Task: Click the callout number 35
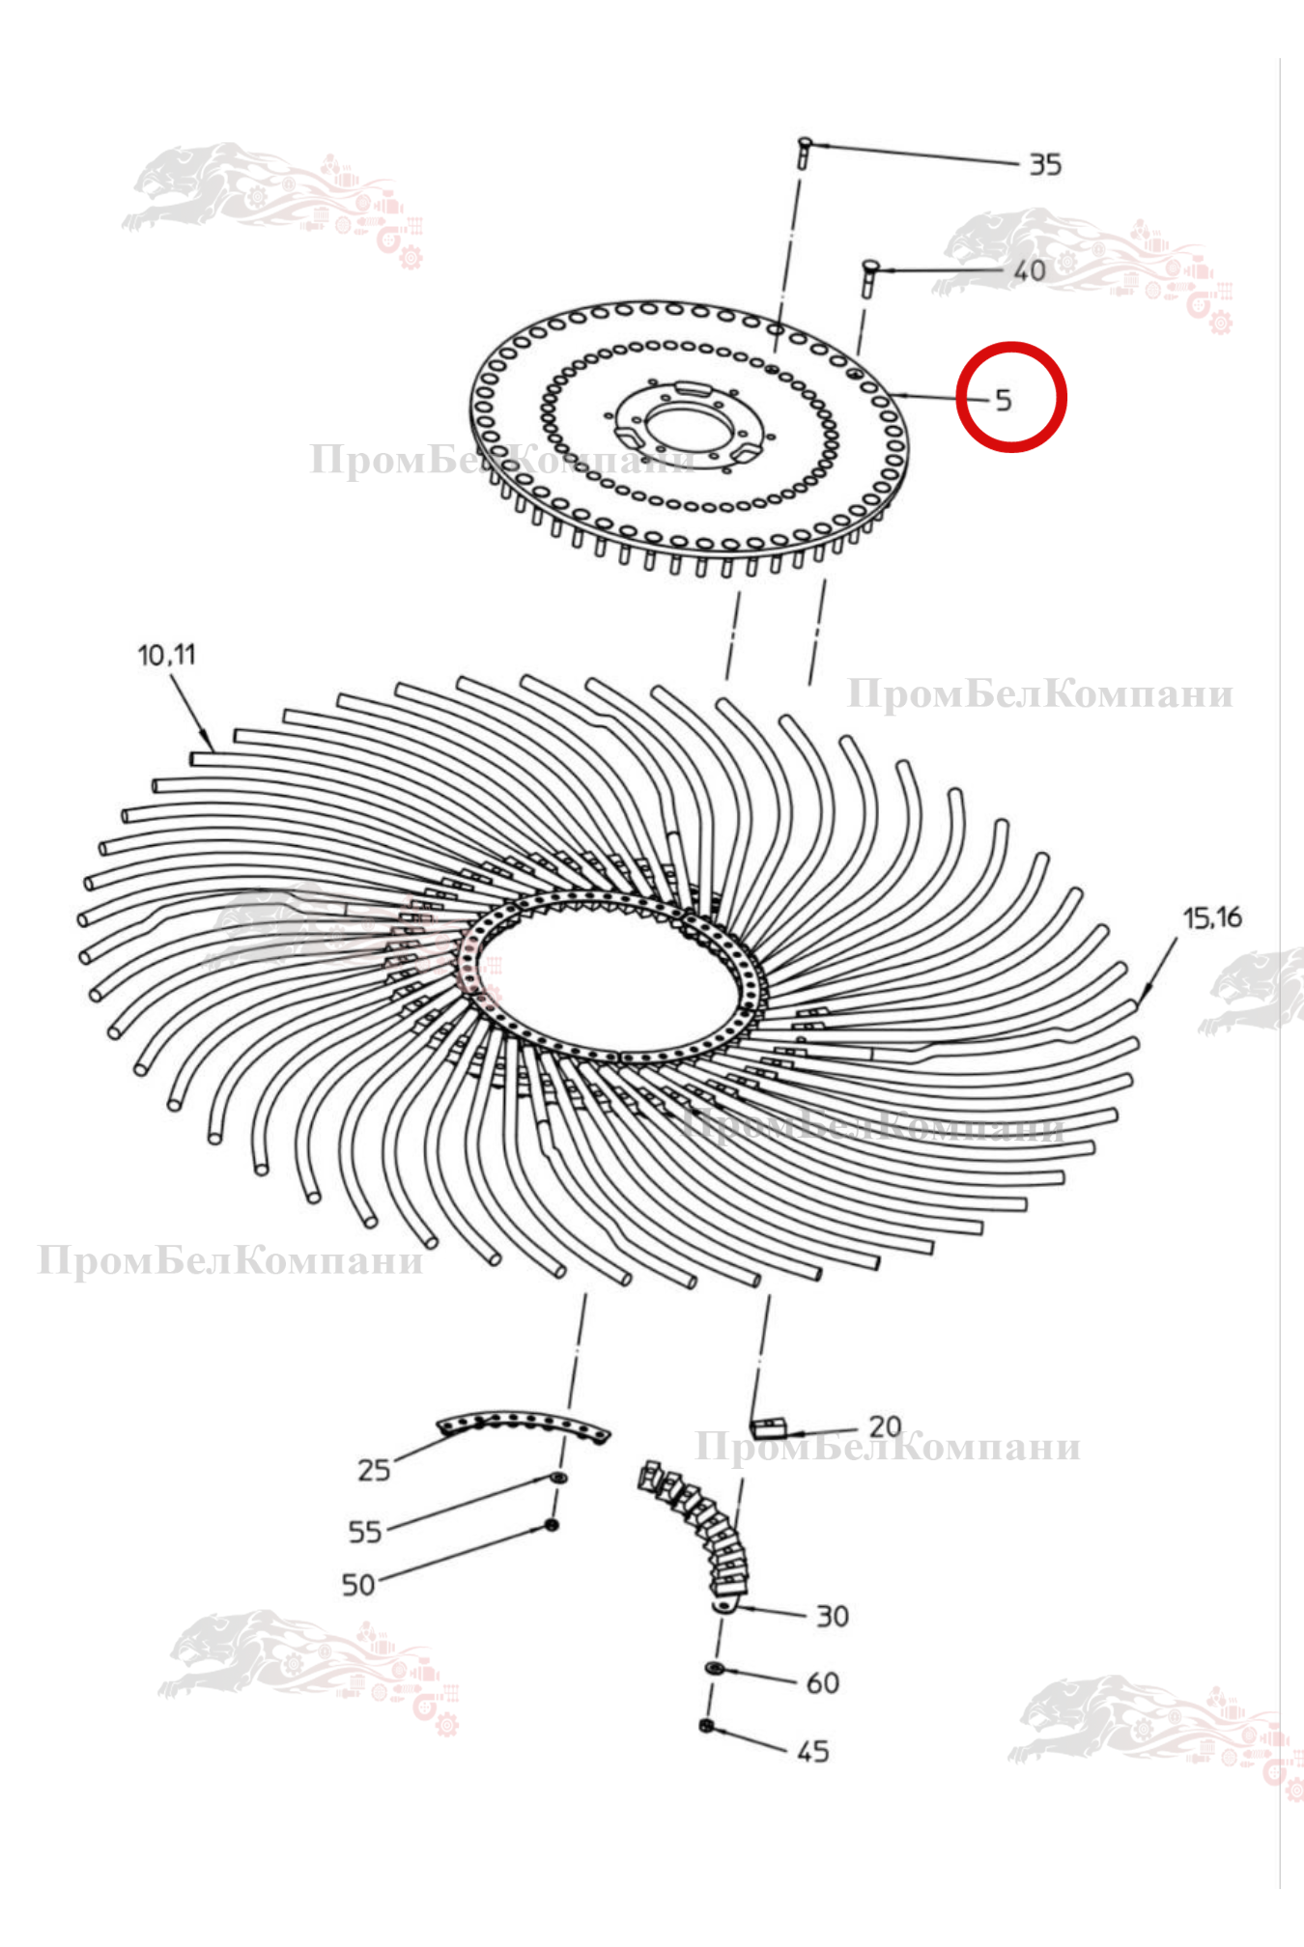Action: click(x=1045, y=165)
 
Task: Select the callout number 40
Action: click(x=1030, y=270)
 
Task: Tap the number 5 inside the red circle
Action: click(x=1004, y=400)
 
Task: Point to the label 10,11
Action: click(x=166, y=655)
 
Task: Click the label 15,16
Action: click(x=1212, y=917)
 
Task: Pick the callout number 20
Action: click(x=885, y=1425)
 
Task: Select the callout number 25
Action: click(x=374, y=1470)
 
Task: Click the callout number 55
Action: click(x=365, y=1532)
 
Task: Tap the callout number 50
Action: click(x=358, y=1585)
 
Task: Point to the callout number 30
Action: click(x=833, y=1616)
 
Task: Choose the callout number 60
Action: click(x=823, y=1683)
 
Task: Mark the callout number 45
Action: click(x=813, y=1751)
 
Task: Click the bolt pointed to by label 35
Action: click(x=803, y=154)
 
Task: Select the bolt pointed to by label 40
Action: click(x=866, y=278)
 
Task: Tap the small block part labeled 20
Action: click(x=768, y=1427)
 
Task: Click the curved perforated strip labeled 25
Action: click(x=523, y=1423)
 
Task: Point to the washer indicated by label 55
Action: click(x=558, y=1479)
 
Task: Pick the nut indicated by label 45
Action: click(x=707, y=1726)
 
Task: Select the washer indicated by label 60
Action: click(x=715, y=1668)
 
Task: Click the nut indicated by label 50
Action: click(x=552, y=1525)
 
